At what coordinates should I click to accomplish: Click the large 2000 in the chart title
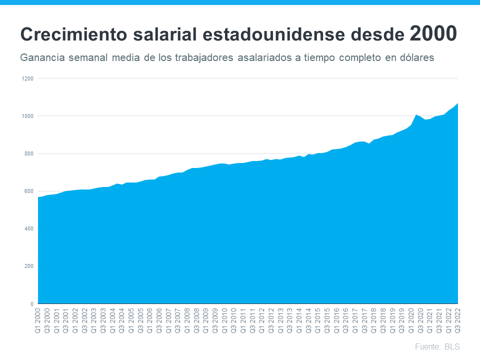click(x=433, y=33)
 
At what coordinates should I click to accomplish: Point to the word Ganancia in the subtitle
click(x=41, y=57)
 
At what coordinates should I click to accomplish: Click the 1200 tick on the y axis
click(x=27, y=78)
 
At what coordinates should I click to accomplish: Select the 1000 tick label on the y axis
click(x=27, y=116)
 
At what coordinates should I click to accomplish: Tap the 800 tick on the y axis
click(x=28, y=153)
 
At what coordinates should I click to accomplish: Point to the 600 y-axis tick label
click(x=28, y=191)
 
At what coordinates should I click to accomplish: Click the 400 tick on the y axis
click(x=28, y=228)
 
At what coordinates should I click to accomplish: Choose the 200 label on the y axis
click(x=28, y=266)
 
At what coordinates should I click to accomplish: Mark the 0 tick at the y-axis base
click(x=31, y=303)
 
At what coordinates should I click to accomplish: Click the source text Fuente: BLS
click(x=437, y=346)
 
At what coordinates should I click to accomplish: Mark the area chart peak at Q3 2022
click(x=457, y=104)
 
